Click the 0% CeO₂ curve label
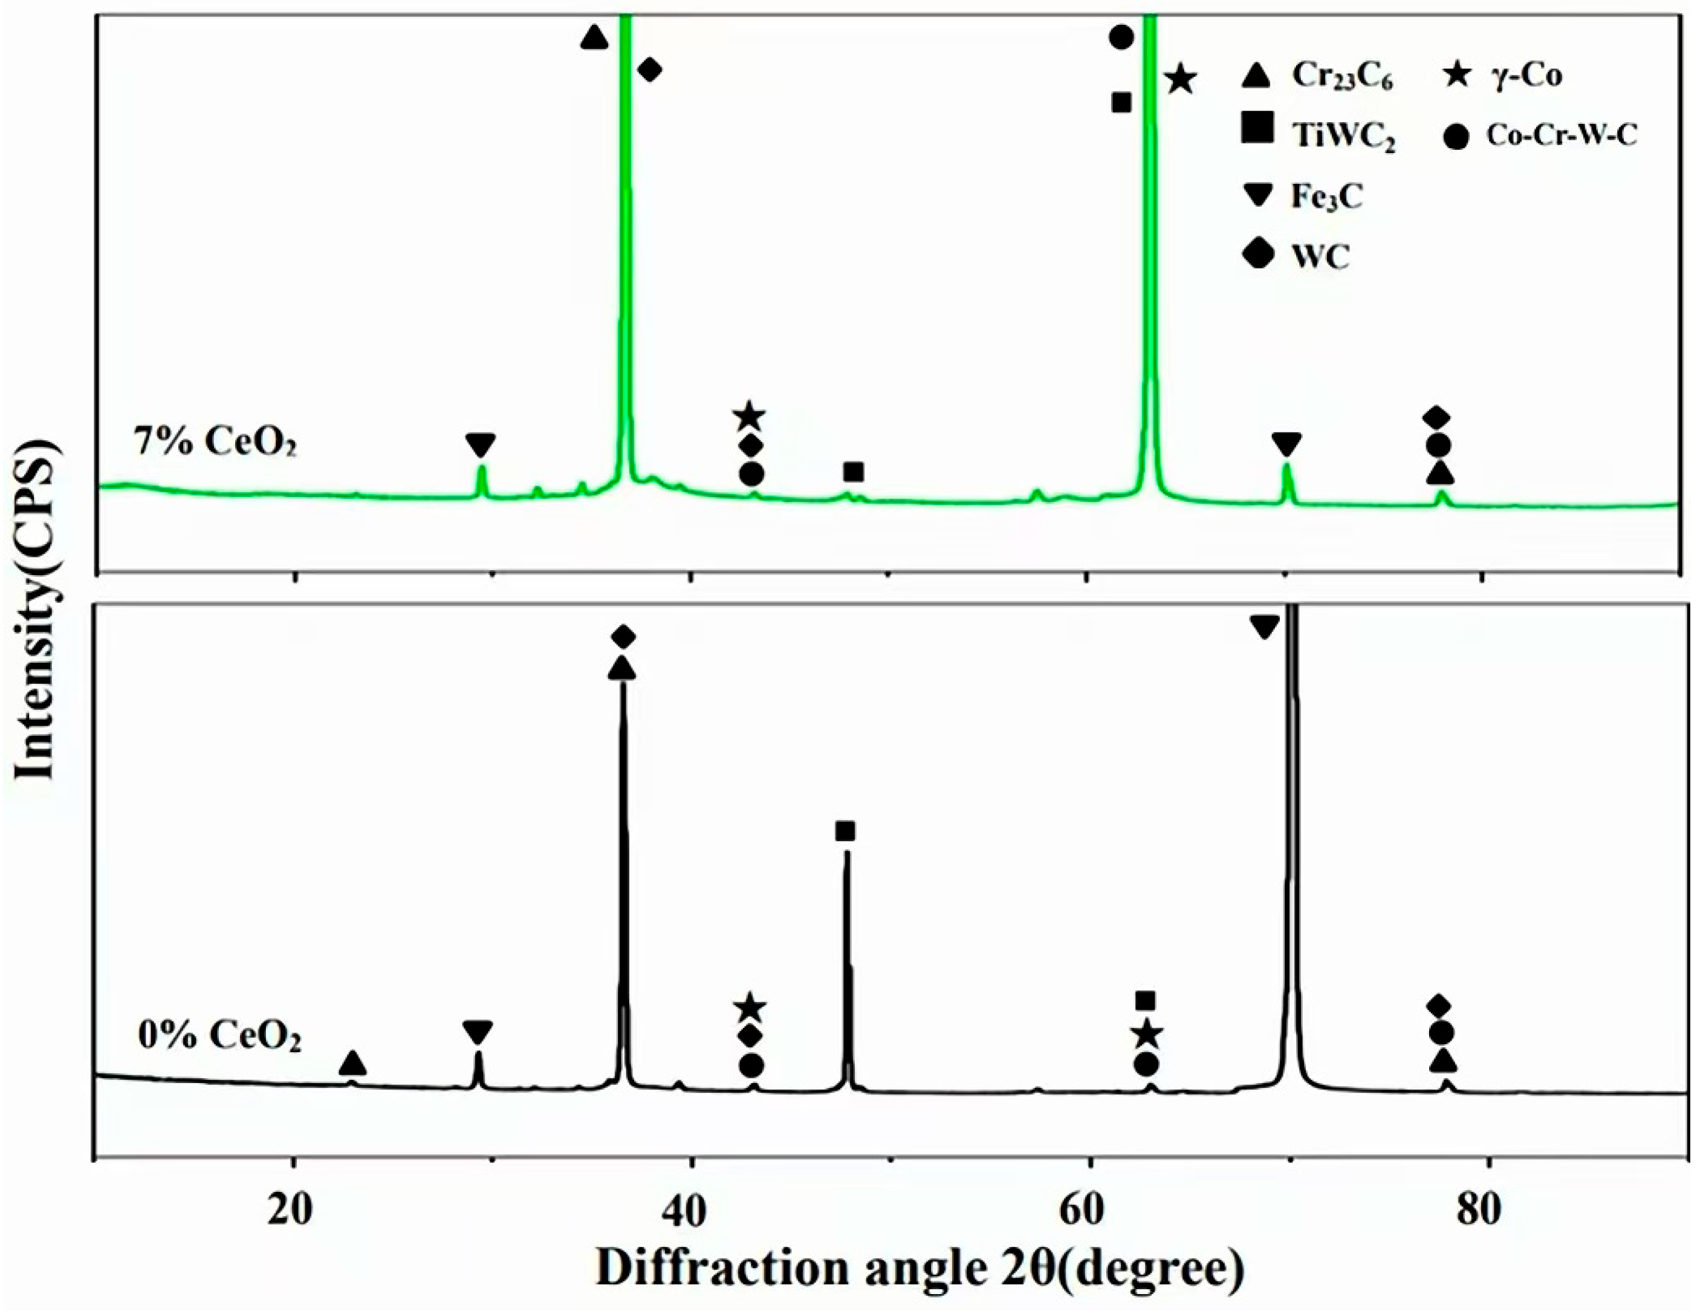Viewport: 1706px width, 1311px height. pos(219,1037)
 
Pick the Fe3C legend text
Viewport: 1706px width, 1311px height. pos(1326,197)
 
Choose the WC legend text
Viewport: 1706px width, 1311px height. pos(1320,257)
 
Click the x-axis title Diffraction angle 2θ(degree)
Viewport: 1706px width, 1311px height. pos(921,1268)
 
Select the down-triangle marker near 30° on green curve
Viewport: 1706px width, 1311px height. pos(481,446)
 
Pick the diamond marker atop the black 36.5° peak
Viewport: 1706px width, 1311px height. pos(623,637)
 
